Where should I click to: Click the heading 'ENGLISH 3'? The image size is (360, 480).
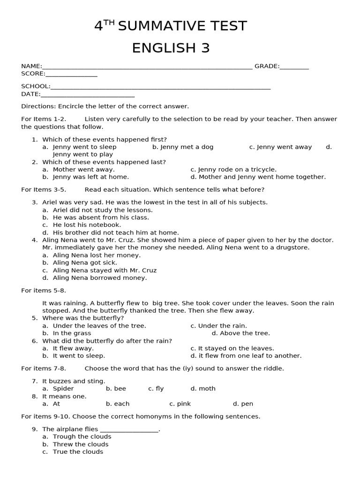pyautogui.click(x=171, y=48)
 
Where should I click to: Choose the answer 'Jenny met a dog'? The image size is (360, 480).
pyautogui.click(x=183, y=147)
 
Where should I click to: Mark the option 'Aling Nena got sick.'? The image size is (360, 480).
pyautogui.click(x=85, y=262)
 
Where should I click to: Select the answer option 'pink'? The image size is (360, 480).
pyautogui.click(x=180, y=404)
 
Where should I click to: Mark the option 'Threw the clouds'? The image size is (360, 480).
pyautogui.click(x=80, y=444)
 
